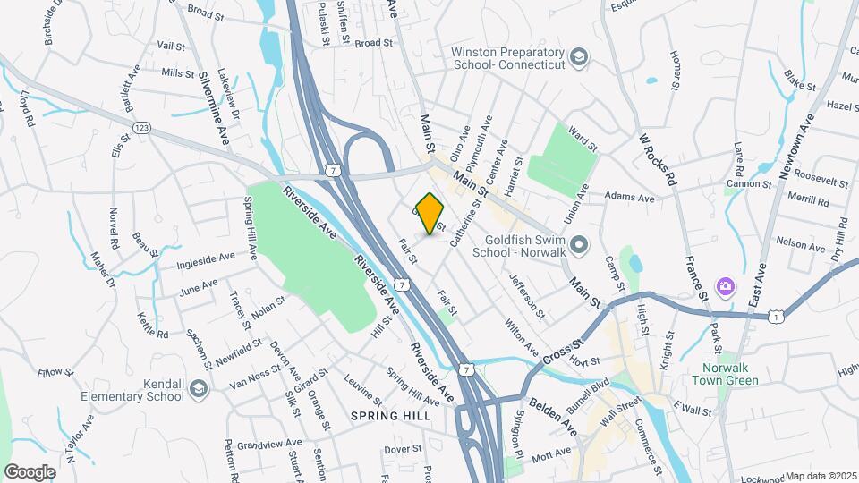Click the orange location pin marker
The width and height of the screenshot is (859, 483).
(429, 214)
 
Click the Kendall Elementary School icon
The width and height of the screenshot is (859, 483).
(198, 387)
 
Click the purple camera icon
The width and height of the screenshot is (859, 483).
(726, 287)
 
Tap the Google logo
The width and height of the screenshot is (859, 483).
(30, 471)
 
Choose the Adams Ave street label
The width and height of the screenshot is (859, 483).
(630, 197)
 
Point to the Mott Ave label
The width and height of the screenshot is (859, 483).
(551, 453)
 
